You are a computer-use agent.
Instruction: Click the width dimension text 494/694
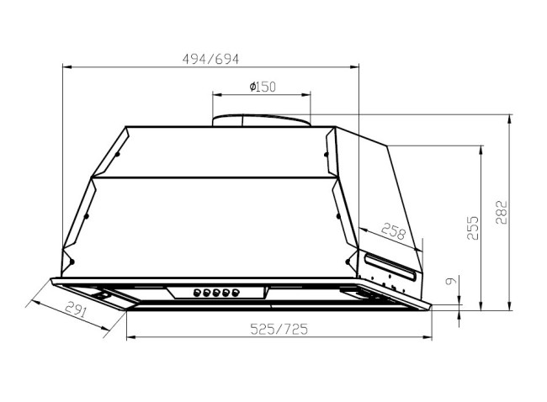pyautogui.click(x=211, y=59)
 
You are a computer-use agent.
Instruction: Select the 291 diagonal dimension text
pyautogui.click(x=77, y=309)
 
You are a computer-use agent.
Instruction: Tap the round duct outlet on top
pyautogui.click(x=262, y=119)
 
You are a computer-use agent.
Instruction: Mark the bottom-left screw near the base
pyautogui.click(x=72, y=259)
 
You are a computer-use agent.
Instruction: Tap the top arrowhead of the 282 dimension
pyautogui.click(x=512, y=118)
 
